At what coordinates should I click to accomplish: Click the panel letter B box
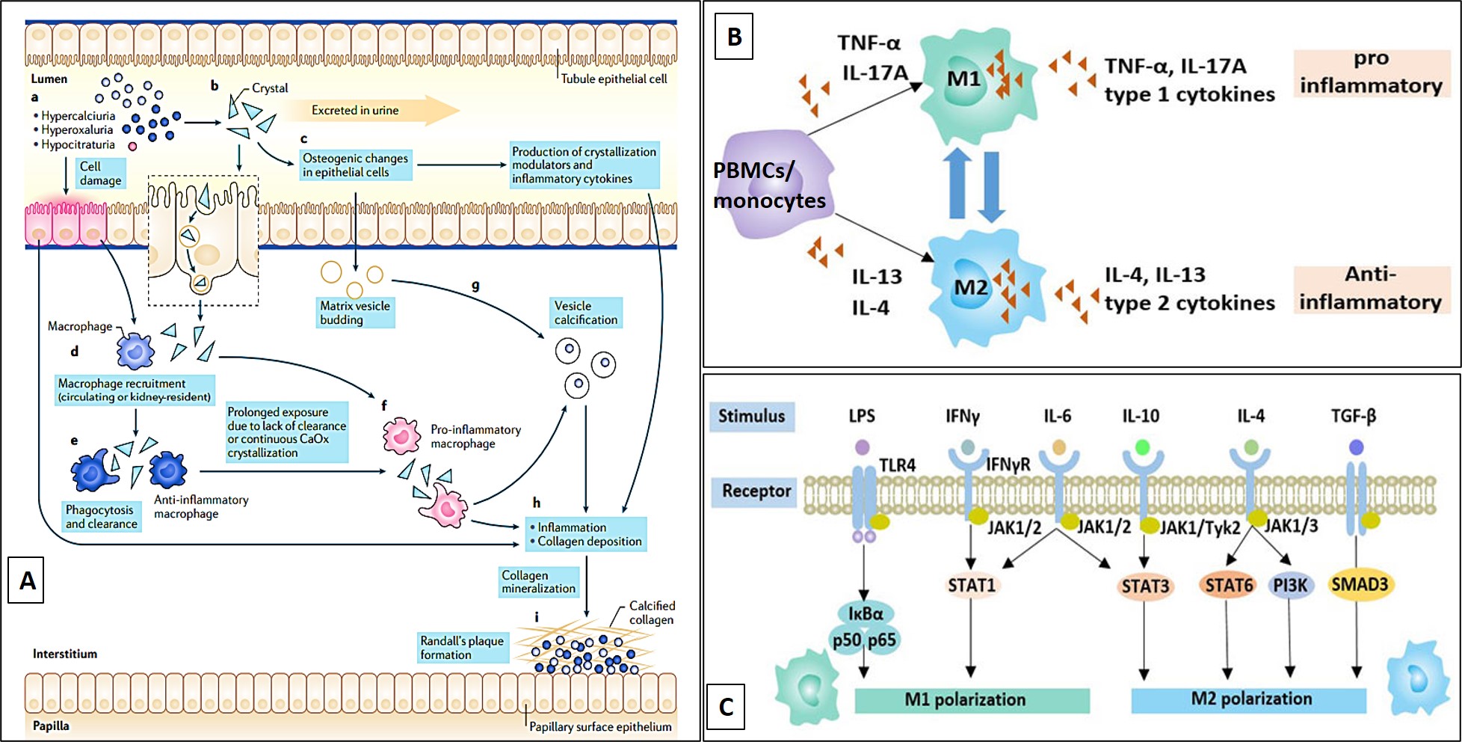[734, 37]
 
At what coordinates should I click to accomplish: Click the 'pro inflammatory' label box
[1371, 73]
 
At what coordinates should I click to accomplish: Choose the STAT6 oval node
[1228, 585]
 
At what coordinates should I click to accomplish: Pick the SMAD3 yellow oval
[1359, 584]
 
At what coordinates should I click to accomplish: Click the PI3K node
[1290, 586]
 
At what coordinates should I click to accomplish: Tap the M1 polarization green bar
[972, 700]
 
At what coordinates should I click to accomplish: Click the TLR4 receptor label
[897, 466]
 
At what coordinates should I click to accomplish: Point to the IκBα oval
[866, 614]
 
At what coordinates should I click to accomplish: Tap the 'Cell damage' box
[100, 174]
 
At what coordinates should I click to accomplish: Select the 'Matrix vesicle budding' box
[355, 313]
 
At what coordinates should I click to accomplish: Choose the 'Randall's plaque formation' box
[462, 648]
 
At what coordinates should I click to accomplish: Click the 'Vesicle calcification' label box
[586, 313]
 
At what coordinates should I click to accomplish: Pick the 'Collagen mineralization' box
[538, 582]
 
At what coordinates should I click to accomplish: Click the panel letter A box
[26, 580]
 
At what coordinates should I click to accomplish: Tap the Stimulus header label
[751, 416]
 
